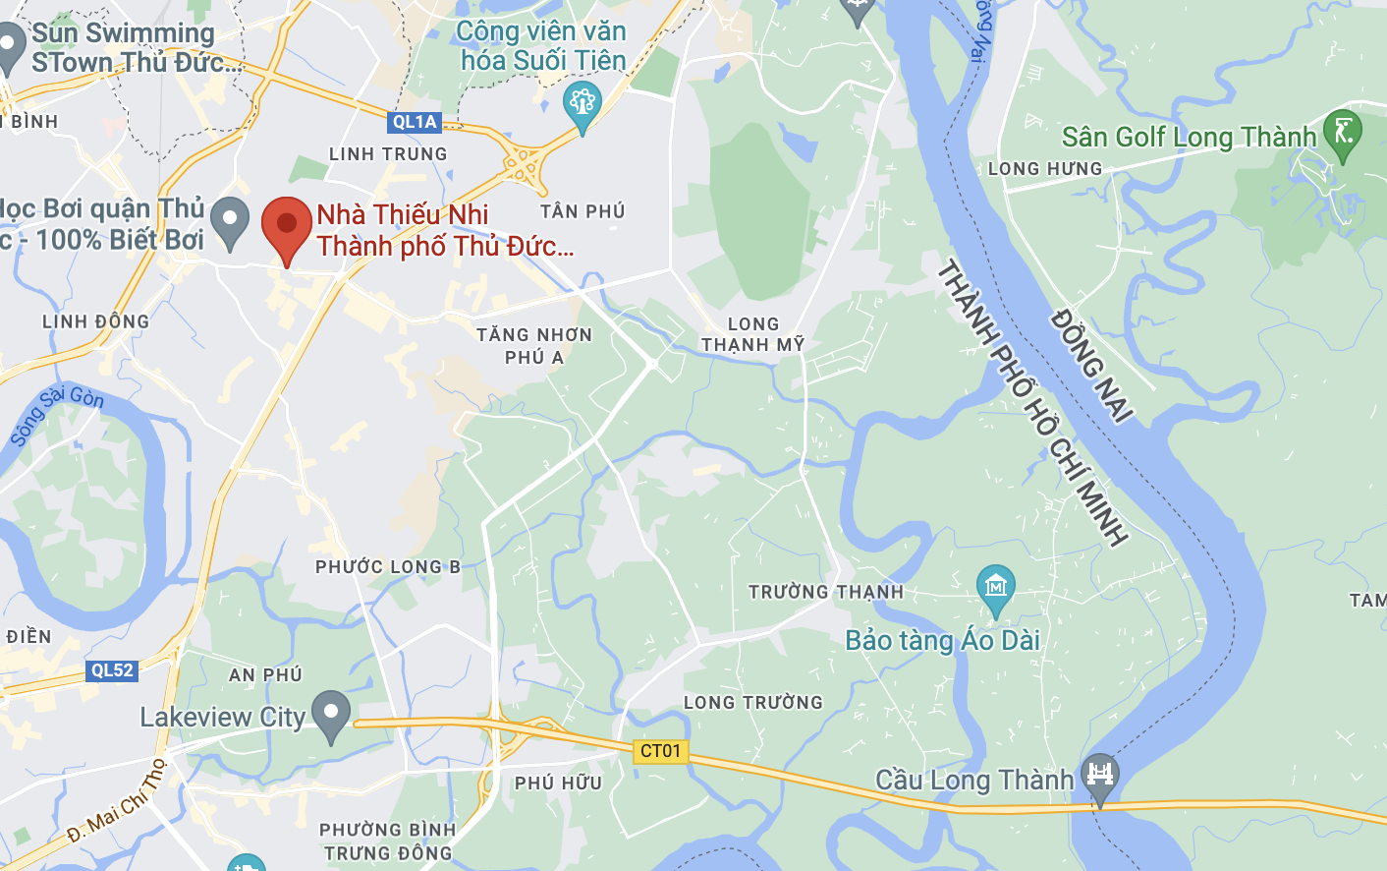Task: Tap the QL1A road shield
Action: pyautogui.click(x=415, y=122)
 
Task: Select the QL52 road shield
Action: pyautogui.click(x=112, y=670)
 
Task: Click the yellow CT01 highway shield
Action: pyautogui.click(x=660, y=751)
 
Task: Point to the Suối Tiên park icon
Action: pyautogui.click(x=582, y=104)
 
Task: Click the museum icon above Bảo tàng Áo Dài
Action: pyautogui.click(x=995, y=588)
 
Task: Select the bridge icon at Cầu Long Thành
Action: pyautogui.click(x=1100, y=775)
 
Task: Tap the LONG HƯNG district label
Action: pyautogui.click(x=1045, y=169)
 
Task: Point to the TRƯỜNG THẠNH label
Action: pyautogui.click(x=826, y=592)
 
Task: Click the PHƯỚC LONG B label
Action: pyautogui.click(x=388, y=567)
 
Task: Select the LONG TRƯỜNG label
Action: pyautogui.click(x=753, y=703)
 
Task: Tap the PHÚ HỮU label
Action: pyautogui.click(x=558, y=784)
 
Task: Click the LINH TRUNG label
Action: pyautogui.click(x=388, y=154)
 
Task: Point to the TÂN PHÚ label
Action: pyautogui.click(x=583, y=211)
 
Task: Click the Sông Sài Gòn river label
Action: pyautogui.click(x=56, y=415)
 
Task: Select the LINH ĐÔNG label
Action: pyautogui.click(x=96, y=321)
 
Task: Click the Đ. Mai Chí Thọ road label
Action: pyautogui.click(x=118, y=801)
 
